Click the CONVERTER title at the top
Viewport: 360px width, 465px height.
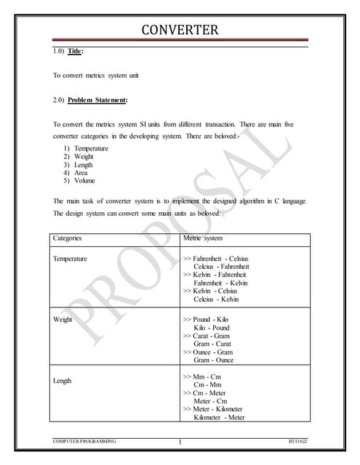pos(180,31)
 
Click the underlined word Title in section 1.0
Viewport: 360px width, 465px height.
pos(76,52)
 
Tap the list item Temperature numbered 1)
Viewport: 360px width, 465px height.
pos(91,149)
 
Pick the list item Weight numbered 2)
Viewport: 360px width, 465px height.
pos(85,157)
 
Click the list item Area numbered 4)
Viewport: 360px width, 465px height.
pos(81,173)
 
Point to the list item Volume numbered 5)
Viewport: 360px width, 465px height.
pos(84,181)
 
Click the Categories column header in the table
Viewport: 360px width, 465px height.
pos(68,238)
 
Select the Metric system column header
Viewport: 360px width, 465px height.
pos(202,238)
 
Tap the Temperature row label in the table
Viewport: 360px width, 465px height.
pos(71,259)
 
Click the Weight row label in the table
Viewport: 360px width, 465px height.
pos(63,320)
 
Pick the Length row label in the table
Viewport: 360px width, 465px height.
pos(63,381)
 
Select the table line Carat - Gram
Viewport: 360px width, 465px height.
pos(213,336)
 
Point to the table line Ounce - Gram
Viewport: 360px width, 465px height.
pos(214,352)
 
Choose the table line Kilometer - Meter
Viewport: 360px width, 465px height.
pos(218,418)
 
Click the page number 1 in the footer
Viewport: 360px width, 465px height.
pos(179,442)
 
